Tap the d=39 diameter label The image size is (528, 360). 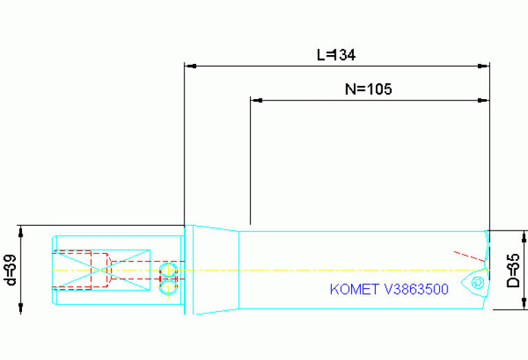coord(10,270)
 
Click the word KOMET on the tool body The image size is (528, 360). coord(353,289)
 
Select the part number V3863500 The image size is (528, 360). coord(415,289)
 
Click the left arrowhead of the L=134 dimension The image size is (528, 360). coord(191,66)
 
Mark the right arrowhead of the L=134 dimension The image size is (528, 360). coord(483,66)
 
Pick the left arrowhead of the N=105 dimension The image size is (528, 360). coord(257,100)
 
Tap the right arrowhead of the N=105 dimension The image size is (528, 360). coord(483,100)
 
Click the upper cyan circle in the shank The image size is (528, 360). coord(167,268)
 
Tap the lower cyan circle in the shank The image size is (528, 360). coord(167,288)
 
